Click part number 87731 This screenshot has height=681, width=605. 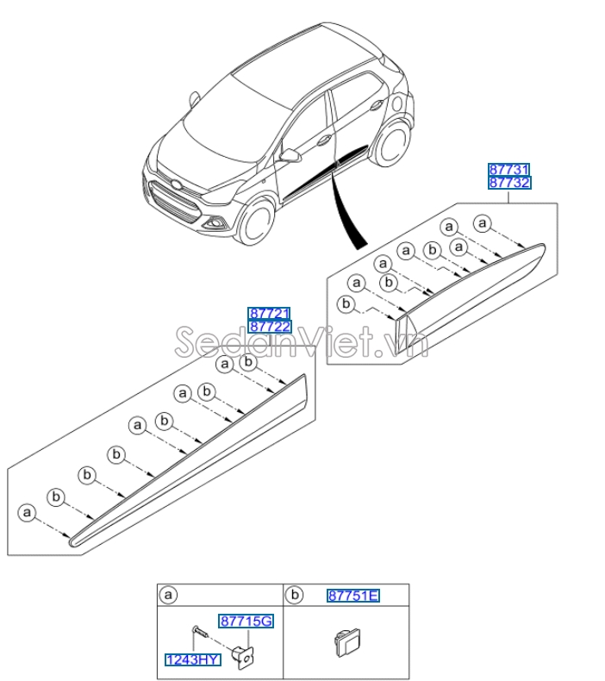(509, 170)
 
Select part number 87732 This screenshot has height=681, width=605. (509, 183)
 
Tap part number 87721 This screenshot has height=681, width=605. (270, 314)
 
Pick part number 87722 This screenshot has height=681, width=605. (270, 327)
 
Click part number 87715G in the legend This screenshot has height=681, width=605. (246, 621)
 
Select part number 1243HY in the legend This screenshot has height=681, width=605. (193, 659)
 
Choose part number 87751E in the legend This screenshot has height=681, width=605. (353, 596)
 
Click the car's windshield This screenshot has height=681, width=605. (225, 121)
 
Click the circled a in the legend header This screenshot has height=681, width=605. (169, 595)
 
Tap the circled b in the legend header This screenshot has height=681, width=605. (295, 595)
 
